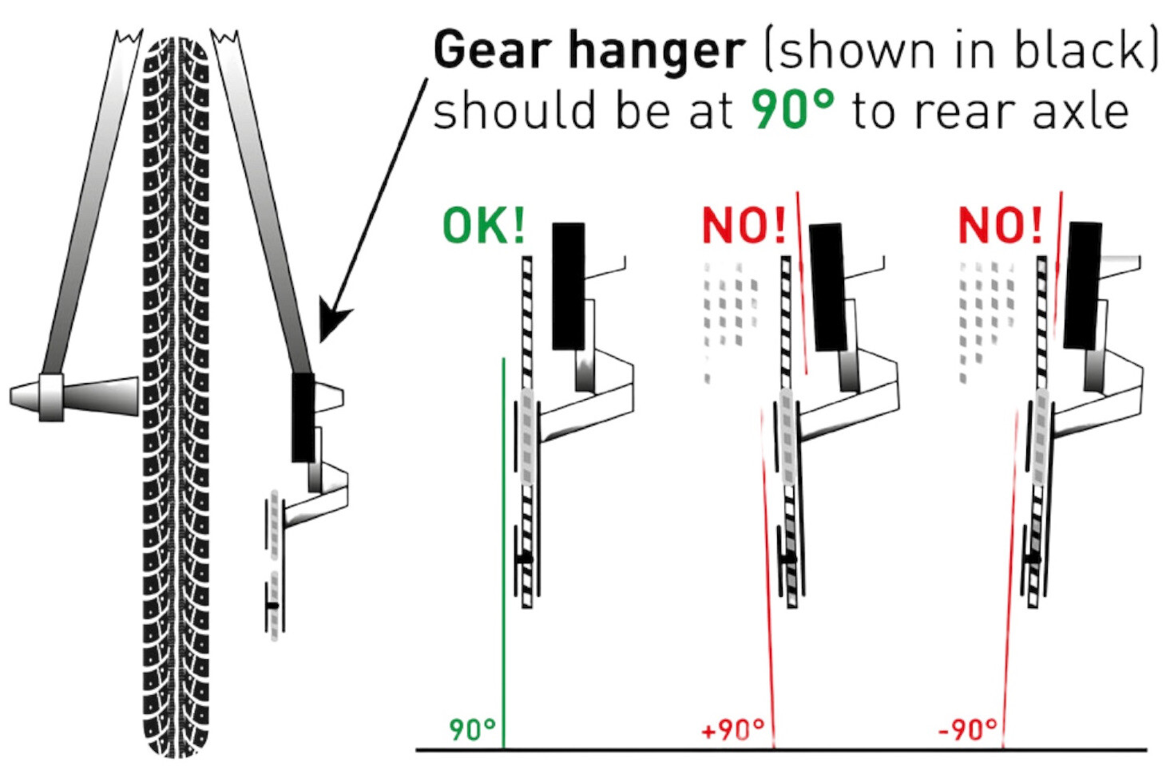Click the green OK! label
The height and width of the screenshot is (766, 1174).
pyautogui.click(x=483, y=226)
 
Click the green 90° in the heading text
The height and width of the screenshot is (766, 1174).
pyautogui.click(x=792, y=110)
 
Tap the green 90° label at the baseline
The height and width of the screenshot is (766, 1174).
pyautogui.click(x=472, y=729)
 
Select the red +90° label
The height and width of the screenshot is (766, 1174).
pyautogui.click(x=732, y=729)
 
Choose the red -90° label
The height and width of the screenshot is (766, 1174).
pyautogui.click(x=967, y=729)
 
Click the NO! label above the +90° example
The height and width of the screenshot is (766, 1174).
pyautogui.click(x=744, y=226)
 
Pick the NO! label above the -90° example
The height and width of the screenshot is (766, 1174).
pyautogui.click(x=1000, y=226)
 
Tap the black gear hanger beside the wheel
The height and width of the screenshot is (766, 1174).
pyautogui.click(x=303, y=417)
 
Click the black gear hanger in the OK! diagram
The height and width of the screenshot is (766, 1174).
pyautogui.click(x=569, y=286)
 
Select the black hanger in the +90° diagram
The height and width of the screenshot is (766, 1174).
pyautogui.click(x=829, y=287)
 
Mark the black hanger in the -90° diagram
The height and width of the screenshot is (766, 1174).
pyautogui.click(x=1082, y=286)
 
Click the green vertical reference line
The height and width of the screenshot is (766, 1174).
pyautogui.click(x=503, y=553)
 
